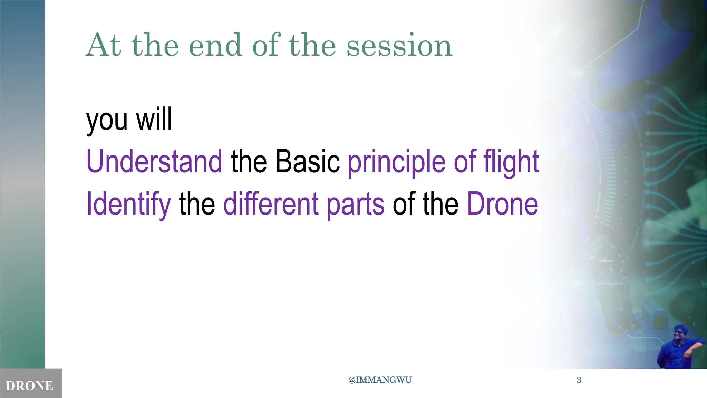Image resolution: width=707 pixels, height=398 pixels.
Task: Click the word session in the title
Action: point(399,46)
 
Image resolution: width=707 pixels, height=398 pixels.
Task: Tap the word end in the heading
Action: point(215,46)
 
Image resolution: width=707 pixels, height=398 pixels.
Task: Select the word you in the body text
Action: point(107,120)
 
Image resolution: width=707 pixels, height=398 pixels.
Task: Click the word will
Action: point(154,119)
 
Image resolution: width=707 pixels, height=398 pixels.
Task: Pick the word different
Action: point(271,204)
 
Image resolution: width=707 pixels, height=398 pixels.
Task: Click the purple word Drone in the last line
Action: point(502,204)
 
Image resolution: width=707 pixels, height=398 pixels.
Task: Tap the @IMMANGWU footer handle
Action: point(380,380)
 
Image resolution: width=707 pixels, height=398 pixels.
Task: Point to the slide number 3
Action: point(579,380)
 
